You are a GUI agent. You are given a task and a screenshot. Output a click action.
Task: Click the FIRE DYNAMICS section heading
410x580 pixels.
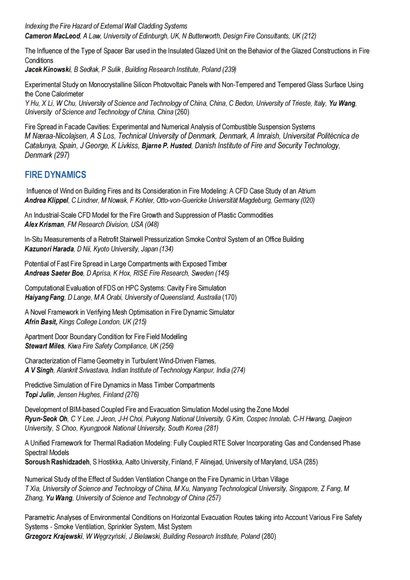coord(55,175)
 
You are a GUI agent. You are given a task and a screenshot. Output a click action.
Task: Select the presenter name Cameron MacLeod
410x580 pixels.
coord(52,36)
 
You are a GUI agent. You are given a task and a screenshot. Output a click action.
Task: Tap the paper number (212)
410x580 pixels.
coord(309,36)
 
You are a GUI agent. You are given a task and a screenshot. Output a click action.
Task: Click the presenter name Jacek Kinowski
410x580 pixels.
coord(48,70)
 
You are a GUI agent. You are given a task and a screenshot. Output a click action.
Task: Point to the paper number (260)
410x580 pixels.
coord(182,112)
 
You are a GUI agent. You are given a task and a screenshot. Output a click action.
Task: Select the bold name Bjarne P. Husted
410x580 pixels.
coord(167,146)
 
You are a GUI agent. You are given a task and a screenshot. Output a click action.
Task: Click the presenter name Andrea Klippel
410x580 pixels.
coord(46,201)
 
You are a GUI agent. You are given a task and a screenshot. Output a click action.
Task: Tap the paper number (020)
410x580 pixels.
coord(307,201)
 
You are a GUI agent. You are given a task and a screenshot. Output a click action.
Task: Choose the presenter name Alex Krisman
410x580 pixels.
coord(44,225)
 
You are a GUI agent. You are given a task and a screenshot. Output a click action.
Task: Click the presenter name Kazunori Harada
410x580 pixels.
coord(49,249)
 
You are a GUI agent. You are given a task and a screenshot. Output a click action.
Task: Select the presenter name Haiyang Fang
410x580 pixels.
coord(44,298)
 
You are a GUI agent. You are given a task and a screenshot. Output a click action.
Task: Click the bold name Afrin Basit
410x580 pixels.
coord(41,322)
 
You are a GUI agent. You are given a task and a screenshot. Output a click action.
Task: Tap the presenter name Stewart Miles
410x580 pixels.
coord(44,346)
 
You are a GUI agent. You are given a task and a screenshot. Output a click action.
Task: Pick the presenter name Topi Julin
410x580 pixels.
coord(39,395)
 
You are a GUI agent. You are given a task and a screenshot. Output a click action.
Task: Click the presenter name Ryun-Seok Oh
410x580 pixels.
coord(46,419)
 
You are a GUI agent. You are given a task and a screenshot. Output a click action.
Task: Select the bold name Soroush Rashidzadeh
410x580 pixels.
coord(57,462)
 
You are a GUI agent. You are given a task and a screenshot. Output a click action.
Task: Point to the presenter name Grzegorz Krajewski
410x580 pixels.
coord(54,537)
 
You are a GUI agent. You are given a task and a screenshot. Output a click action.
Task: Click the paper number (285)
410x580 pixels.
coord(311,462)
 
